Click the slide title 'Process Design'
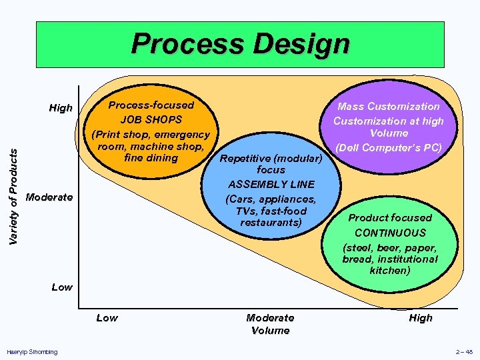click(240, 45)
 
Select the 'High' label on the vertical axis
click(61, 108)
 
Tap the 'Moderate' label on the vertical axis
click(49, 197)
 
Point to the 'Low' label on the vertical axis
click(62, 287)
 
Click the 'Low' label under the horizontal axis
click(107, 318)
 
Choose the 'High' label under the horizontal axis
click(421, 318)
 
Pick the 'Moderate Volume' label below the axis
click(270, 324)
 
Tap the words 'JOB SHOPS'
click(151, 120)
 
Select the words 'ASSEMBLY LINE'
click(271, 185)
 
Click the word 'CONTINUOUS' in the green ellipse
click(390, 233)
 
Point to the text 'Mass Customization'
click(389, 106)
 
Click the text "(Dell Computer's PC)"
click(389, 147)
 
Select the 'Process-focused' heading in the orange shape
click(151, 105)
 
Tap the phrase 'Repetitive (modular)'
click(271, 159)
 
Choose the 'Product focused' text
click(390, 218)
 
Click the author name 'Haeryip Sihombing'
click(31, 351)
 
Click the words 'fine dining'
click(151, 158)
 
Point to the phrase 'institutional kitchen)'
click(391, 265)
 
